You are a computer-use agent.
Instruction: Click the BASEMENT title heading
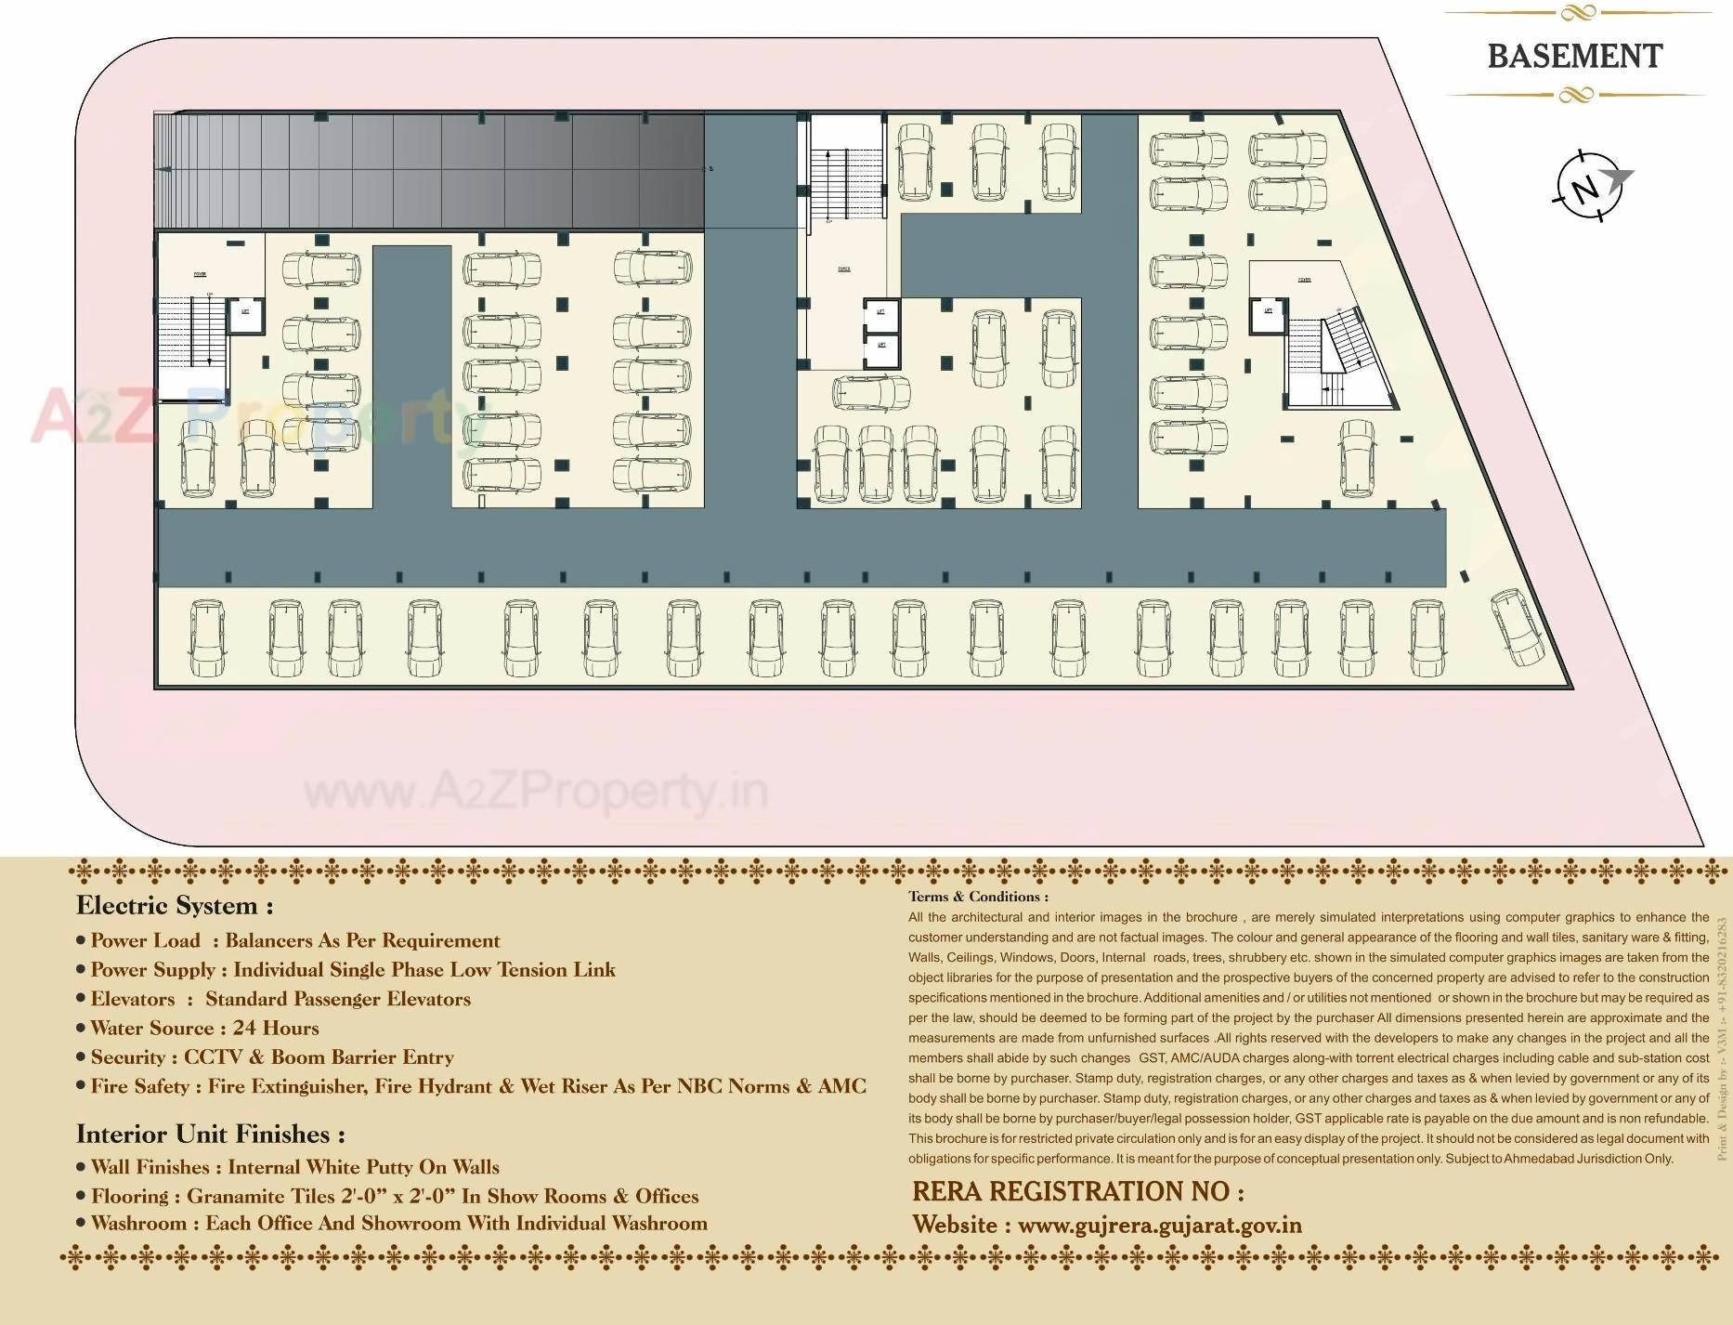(1574, 56)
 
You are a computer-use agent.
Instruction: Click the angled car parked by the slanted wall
(1518, 627)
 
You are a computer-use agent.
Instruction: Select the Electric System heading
(175, 906)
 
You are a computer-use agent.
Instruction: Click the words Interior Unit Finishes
(210, 1135)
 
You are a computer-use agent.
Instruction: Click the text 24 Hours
(276, 1028)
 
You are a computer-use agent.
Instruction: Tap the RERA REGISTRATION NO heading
(1077, 1192)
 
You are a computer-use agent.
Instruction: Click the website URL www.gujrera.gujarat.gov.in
(1159, 1226)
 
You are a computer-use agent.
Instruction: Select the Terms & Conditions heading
(978, 897)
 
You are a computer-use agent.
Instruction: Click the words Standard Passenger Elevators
(338, 999)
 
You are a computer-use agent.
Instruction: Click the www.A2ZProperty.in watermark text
(536, 792)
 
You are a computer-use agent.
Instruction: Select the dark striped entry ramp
(427, 171)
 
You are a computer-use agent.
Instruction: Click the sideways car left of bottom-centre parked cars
(871, 393)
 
